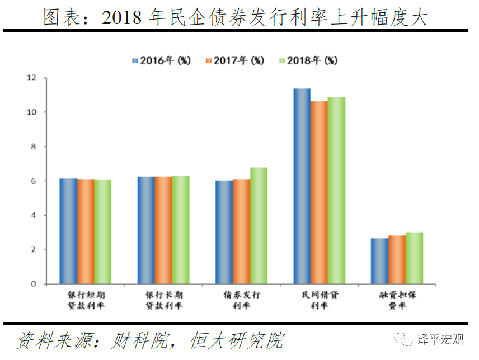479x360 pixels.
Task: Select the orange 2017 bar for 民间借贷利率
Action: pos(319,192)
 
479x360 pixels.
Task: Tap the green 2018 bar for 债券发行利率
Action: pos(259,226)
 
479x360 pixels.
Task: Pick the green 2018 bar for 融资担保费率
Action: pos(414,258)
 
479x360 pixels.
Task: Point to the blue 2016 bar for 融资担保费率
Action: pos(379,261)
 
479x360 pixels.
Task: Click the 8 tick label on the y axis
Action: pos(33,146)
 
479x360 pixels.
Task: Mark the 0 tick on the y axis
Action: pos(33,284)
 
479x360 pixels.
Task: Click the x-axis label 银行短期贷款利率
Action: pos(86,300)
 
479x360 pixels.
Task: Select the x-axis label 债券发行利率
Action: pos(241,300)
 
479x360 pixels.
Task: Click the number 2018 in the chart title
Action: pos(123,18)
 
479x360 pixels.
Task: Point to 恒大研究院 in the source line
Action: pos(237,340)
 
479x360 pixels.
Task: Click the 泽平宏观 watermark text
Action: pos(440,339)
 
